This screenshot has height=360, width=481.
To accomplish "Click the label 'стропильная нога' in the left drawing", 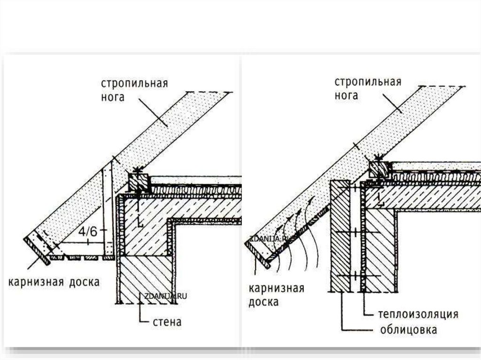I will click(x=134, y=90).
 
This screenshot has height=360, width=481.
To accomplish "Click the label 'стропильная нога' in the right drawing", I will click(x=368, y=88).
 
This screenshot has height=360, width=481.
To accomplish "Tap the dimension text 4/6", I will click(x=88, y=231).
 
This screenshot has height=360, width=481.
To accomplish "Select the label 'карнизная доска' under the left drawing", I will click(x=54, y=282).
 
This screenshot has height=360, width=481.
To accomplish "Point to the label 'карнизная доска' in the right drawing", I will click(x=276, y=294).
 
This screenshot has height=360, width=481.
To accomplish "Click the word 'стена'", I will click(x=167, y=322).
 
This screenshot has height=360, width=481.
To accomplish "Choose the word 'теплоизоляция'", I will click(x=418, y=314).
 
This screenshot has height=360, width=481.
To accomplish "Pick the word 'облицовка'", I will click(x=408, y=329).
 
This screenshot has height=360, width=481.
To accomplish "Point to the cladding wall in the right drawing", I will click(x=340, y=235).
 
